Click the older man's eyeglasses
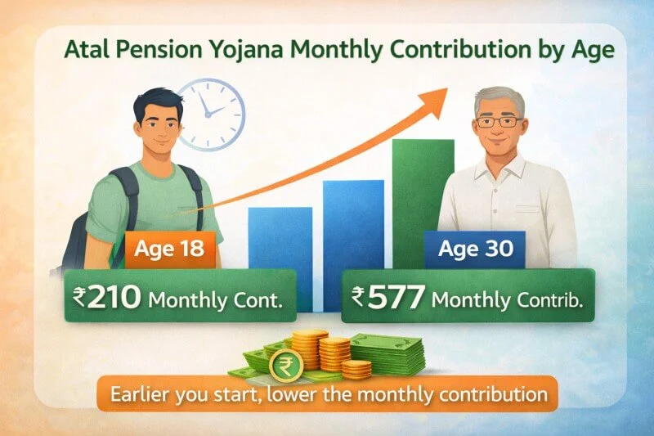click(x=499, y=123)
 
